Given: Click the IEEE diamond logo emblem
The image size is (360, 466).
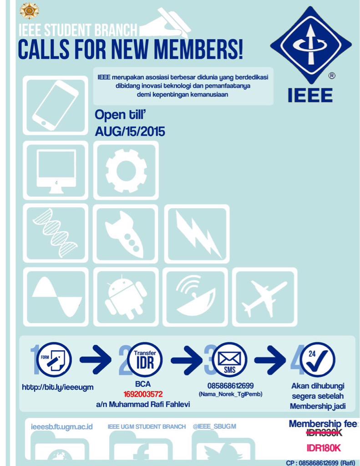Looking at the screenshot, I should (310, 45).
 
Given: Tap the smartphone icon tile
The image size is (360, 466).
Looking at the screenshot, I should (56, 106).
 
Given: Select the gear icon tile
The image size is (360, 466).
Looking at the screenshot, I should (126, 171).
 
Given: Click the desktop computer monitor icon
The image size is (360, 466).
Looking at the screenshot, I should (56, 171).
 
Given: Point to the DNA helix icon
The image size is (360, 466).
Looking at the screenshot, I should (56, 233).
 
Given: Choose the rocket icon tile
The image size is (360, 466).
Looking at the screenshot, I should (125, 233).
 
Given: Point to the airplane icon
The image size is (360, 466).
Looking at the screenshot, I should (264, 297).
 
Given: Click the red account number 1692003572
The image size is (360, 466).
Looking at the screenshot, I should (143, 394).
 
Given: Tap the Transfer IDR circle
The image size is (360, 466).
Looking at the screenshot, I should (145, 359).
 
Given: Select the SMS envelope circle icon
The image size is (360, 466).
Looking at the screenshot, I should (229, 359).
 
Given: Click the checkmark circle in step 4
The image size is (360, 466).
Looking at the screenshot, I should (317, 359).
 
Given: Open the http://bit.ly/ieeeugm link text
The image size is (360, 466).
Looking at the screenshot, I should (58, 387).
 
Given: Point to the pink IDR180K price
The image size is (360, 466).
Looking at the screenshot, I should (324, 448).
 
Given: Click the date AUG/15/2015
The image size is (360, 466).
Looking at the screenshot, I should (130, 132).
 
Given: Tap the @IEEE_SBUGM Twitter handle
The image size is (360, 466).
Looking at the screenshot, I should (214, 426).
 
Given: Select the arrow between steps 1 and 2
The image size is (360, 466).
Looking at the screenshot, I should (96, 360).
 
